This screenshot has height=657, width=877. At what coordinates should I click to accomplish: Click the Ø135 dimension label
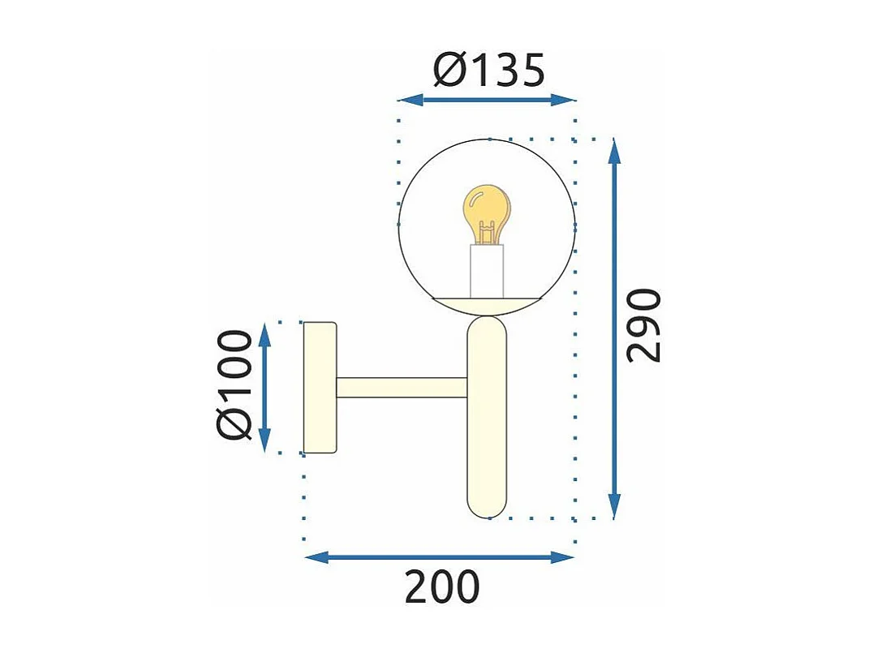488,72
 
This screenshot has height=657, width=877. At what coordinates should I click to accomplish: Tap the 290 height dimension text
646,324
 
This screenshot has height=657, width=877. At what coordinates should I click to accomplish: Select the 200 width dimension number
442,588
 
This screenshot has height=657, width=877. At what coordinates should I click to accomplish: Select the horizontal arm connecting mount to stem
402,388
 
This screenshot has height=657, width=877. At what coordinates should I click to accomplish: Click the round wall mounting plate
319,387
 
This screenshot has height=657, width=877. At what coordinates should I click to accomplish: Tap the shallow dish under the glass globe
487,303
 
